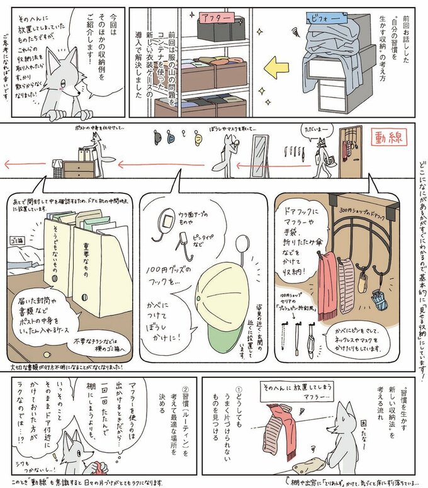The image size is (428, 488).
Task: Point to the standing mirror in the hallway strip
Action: pyautogui.click(x=259, y=156)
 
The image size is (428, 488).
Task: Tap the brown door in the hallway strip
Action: pyautogui.click(x=346, y=154)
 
